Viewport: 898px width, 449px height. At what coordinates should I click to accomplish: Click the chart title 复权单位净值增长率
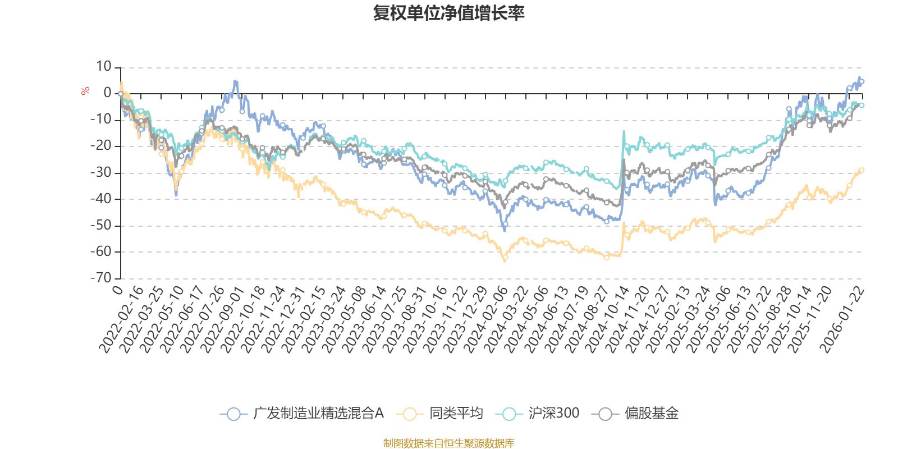coord(448,13)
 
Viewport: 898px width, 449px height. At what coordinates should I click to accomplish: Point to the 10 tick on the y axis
coord(104,67)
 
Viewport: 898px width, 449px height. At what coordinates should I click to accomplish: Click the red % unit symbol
coord(85,91)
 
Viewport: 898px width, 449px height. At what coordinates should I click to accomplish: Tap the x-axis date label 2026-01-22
coord(842,320)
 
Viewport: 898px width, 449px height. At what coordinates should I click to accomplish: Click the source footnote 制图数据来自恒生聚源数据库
coord(448,443)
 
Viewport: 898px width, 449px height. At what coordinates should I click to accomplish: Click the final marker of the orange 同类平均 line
coord(862,169)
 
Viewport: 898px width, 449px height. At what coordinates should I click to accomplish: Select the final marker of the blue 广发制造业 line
coord(862,81)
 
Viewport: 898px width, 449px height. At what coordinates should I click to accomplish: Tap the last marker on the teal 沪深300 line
coord(862,105)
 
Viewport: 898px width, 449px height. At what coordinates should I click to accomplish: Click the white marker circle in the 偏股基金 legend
coord(605,414)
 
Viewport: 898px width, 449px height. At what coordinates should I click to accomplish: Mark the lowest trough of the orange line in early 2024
coord(505,260)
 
